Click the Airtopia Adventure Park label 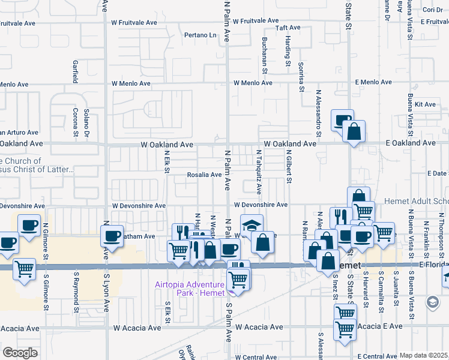pos(190,289)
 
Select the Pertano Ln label pos(200,35)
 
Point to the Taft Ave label pos(288,28)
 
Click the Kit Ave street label pos(429,104)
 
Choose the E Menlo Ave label pos(376,82)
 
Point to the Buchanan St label pos(264,55)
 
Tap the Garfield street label pos(76,71)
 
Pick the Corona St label pos(76,122)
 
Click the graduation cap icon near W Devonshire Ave pos(252,227)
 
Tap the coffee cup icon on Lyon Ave pos(111,236)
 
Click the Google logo pos(20,353)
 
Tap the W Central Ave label pos(252,357)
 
